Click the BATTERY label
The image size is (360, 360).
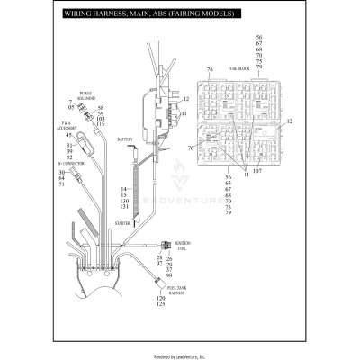tap(125, 139)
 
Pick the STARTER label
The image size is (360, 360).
tap(122, 220)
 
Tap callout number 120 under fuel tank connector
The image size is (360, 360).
tap(163, 296)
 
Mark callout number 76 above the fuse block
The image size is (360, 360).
tap(209, 69)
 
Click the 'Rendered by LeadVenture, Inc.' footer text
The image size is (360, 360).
tap(180, 355)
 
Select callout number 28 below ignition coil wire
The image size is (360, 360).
tap(159, 257)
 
